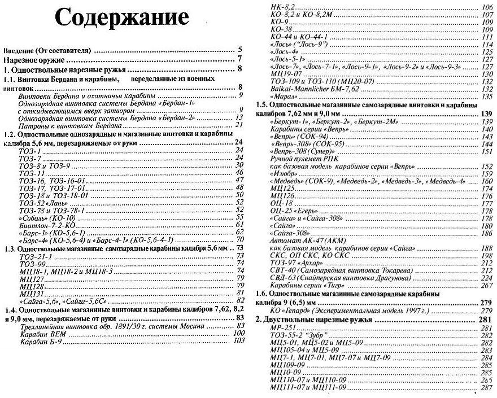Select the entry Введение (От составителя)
(48, 50)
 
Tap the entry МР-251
(284, 328)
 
